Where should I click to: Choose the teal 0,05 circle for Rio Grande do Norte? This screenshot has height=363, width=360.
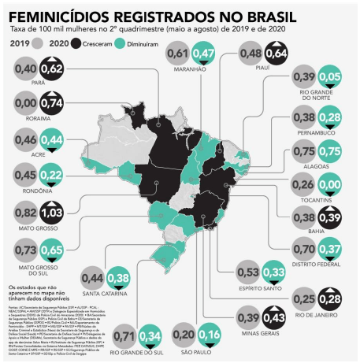pos(330,80)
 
